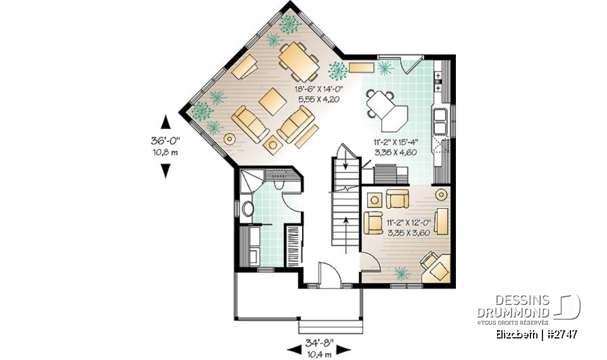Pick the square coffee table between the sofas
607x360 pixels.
(273, 101)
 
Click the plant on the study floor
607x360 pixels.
(400, 273)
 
